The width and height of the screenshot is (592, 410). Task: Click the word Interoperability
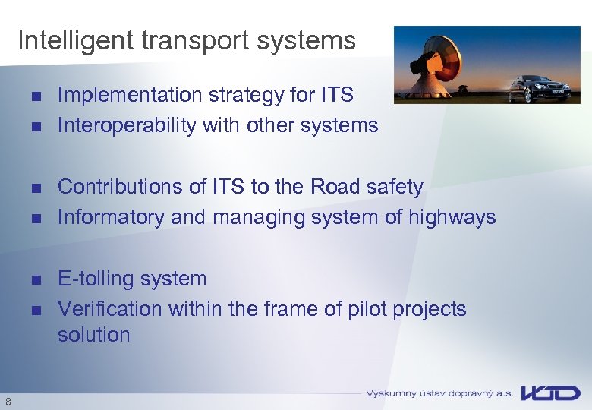[127, 125]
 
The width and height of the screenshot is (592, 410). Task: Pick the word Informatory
[112, 217]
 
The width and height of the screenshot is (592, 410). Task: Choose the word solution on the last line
[94, 335]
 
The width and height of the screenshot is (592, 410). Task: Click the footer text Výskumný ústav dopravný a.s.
[439, 393]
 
